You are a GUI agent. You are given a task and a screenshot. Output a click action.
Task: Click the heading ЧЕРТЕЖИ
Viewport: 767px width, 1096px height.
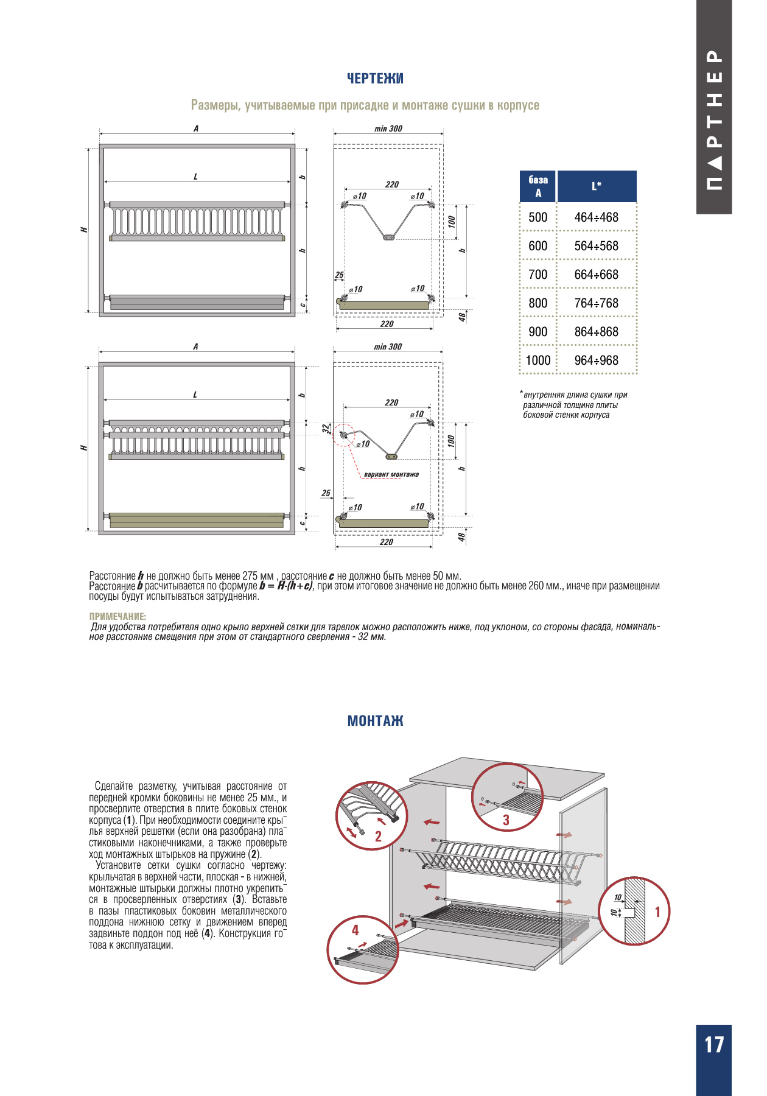375,79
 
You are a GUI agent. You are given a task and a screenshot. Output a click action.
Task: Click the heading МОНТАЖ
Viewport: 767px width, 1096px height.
375,721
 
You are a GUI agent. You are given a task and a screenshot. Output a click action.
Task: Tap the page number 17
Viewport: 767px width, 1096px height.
714,1045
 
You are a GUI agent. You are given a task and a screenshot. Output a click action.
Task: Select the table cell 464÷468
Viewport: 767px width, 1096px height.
596,217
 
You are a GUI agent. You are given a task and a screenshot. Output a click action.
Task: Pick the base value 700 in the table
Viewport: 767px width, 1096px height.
538,275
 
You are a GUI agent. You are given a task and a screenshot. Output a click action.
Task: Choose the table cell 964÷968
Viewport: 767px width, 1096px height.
596,360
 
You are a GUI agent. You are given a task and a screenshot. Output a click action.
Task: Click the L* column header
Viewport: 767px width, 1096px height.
597,186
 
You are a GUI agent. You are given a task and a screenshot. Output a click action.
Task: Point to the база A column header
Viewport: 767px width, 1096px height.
538,186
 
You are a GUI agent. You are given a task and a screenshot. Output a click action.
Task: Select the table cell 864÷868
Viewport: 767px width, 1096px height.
596,332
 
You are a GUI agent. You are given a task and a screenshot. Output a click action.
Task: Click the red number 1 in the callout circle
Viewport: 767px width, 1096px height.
657,912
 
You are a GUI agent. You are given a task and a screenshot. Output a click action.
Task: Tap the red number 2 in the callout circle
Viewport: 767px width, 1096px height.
378,837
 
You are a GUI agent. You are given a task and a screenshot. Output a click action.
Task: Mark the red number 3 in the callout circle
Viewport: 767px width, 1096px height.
506,820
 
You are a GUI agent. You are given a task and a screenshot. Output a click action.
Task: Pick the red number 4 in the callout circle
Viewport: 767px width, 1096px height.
355,930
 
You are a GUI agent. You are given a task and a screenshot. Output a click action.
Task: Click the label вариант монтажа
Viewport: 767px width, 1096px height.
391,474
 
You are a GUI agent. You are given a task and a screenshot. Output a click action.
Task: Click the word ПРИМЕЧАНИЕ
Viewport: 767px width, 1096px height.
117,616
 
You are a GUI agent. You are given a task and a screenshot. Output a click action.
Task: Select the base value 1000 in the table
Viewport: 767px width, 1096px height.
538,360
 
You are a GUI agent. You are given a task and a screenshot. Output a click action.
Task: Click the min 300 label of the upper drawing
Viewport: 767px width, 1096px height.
388,128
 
